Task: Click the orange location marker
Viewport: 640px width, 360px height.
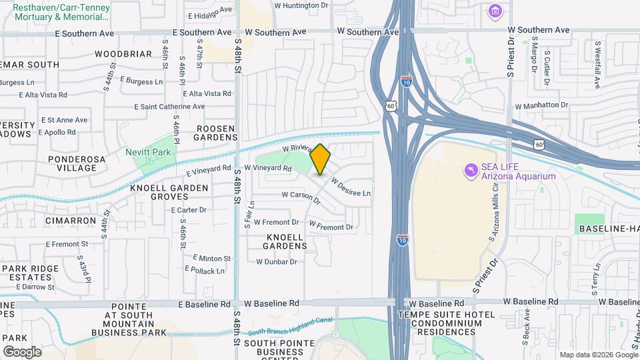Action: pyautogui.click(x=321, y=159)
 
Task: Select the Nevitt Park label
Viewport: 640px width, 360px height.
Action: pyautogui.click(x=148, y=152)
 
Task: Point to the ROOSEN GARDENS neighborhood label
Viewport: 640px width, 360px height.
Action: pyautogui.click(x=215, y=133)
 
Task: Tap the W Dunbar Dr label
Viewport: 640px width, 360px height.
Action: pyautogui.click(x=275, y=262)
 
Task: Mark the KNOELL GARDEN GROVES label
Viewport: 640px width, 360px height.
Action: pyautogui.click(x=169, y=192)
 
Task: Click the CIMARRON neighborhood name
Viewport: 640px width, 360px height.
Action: pyautogui.click(x=67, y=219)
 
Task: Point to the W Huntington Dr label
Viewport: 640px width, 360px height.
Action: pyautogui.click(x=302, y=5)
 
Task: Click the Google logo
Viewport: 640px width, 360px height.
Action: pyautogui.click(x=23, y=351)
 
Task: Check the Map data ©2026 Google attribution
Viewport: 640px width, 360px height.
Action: pyautogui.click(x=598, y=355)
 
